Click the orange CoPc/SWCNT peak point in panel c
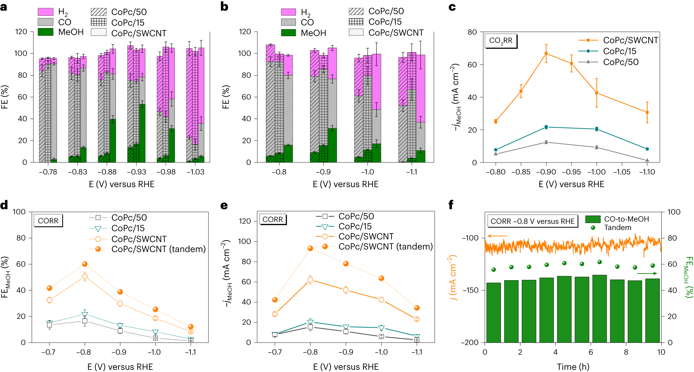(x=546, y=53)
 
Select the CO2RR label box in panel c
(x=501, y=41)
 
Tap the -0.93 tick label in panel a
(x=136, y=172)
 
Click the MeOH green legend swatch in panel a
(x=45, y=32)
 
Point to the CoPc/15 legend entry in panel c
(x=619, y=51)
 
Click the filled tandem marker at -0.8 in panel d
(x=85, y=264)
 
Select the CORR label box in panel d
(x=48, y=221)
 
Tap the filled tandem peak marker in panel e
(x=310, y=248)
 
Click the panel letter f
(x=451, y=205)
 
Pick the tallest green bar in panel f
(x=599, y=309)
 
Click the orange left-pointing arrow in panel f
(x=497, y=236)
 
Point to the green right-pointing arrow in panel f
(x=647, y=273)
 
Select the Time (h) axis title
(x=573, y=367)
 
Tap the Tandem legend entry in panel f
(x=617, y=227)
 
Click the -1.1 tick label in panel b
(x=412, y=172)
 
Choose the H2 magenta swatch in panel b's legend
(x=288, y=12)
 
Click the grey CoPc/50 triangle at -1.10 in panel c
(x=647, y=160)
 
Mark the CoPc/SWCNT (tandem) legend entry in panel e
(x=385, y=246)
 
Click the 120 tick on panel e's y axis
(x=245, y=221)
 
